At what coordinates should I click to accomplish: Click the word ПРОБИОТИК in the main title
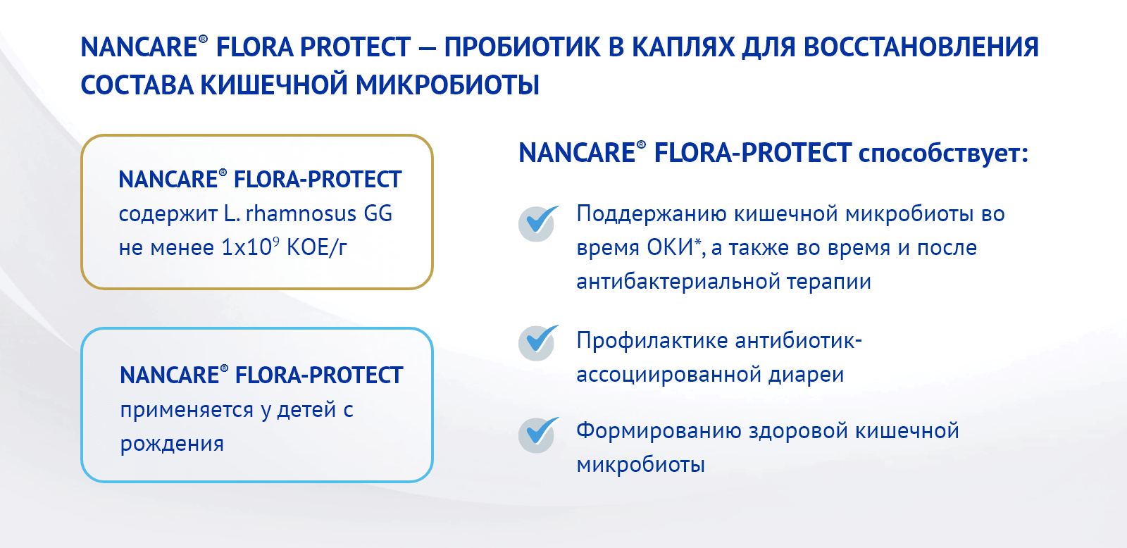coord(521,47)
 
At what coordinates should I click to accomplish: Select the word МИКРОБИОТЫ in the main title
coord(447,85)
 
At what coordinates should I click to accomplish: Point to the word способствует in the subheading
coord(942,153)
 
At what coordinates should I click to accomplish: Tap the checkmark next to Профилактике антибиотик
coord(538,342)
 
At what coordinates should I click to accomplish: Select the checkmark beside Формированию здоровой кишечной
coord(538,434)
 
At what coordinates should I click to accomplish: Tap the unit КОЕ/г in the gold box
coord(316,247)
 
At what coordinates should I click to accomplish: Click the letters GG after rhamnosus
coord(378,213)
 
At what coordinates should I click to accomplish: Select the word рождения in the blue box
coord(172,444)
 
